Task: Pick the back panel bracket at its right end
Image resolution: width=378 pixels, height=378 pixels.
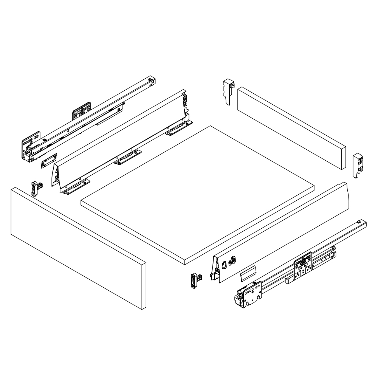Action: click(358, 165)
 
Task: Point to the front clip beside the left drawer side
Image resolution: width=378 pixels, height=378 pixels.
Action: click(36, 187)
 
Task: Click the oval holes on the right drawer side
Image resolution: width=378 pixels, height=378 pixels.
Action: click(229, 262)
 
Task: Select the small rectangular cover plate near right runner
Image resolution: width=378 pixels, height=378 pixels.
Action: click(248, 273)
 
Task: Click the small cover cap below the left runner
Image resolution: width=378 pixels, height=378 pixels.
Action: click(48, 160)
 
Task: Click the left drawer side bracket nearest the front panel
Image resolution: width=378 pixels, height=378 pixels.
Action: click(77, 187)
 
